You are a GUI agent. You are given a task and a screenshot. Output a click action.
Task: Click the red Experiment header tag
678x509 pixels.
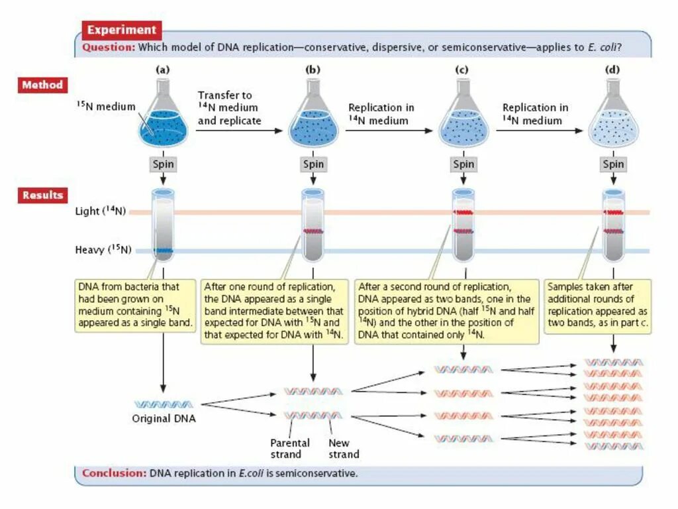122,30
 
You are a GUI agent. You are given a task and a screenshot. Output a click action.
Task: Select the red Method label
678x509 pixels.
42,85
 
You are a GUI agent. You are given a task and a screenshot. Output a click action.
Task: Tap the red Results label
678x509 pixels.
42,196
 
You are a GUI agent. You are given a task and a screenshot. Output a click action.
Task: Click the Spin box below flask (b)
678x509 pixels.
313,164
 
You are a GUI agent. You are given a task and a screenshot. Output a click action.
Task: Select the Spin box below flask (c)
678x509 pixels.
463,164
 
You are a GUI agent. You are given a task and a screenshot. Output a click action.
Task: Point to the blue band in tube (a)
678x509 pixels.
163,251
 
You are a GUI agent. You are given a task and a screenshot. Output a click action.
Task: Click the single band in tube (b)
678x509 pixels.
313,231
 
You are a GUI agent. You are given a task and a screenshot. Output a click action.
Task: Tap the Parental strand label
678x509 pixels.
285,449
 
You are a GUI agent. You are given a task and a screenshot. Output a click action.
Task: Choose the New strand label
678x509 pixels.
344,449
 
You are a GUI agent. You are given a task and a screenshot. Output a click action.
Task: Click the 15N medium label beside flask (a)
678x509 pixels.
106,107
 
